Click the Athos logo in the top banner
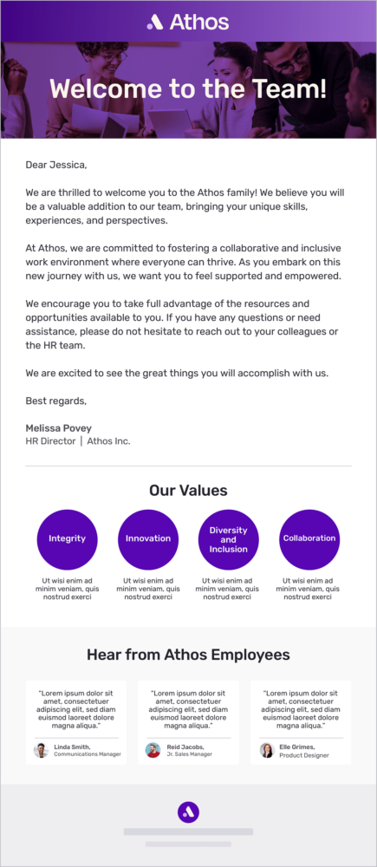(x=188, y=22)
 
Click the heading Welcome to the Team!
(x=188, y=88)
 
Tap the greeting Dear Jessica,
(x=56, y=165)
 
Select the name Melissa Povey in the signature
(x=58, y=428)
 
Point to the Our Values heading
(x=188, y=491)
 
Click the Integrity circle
(x=67, y=538)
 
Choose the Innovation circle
(x=148, y=538)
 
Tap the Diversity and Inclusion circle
(x=228, y=538)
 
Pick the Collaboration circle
(x=309, y=538)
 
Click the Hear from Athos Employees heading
(x=188, y=655)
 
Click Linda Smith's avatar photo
(x=41, y=750)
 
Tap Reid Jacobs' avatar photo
(x=153, y=750)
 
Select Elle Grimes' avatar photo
(x=266, y=750)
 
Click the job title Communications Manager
(x=88, y=754)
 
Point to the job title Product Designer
(x=304, y=755)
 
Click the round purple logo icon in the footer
(x=188, y=812)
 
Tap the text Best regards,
(x=55, y=401)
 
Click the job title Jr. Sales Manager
(x=189, y=754)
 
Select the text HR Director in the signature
(x=51, y=441)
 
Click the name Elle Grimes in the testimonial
(x=297, y=746)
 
